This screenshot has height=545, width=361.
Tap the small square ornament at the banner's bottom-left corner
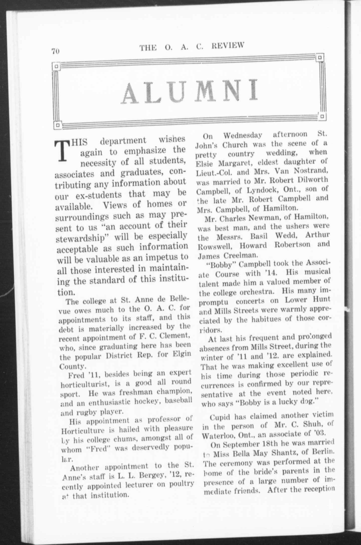coord(58,124)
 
